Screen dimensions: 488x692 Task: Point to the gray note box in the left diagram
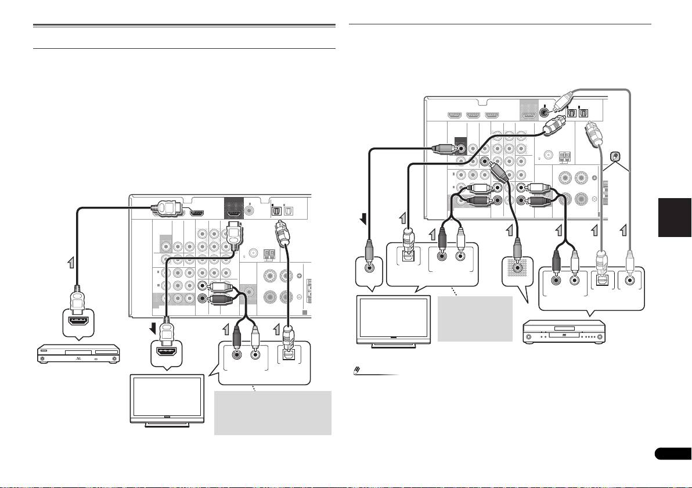point(272,412)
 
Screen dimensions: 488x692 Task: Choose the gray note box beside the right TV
point(475,319)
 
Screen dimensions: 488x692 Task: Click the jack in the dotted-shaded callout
point(516,270)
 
